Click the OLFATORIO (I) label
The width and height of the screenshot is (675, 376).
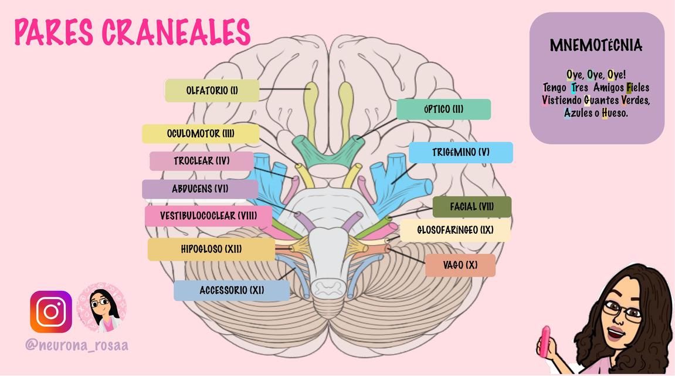[x=212, y=90]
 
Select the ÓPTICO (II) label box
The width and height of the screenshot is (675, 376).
[x=443, y=109]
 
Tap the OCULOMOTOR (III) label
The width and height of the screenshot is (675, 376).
[x=201, y=134]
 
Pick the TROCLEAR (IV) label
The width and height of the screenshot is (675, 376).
[x=202, y=161]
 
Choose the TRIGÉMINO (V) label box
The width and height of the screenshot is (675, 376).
[x=460, y=152]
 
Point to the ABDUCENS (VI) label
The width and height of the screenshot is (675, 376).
[x=200, y=189]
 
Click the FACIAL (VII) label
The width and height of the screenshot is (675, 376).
[x=472, y=207]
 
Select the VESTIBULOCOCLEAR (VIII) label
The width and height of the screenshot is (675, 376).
[x=208, y=216]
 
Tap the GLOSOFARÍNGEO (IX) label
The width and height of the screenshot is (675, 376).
[x=455, y=230]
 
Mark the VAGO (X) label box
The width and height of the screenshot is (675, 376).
[x=460, y=265]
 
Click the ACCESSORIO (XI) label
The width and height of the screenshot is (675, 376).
[x=232, y=291]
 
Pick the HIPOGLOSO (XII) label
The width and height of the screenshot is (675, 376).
[x=211, y=249]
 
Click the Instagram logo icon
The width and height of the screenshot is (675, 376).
[x=51, y=312]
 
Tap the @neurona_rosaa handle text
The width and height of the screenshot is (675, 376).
[x=77, y=345]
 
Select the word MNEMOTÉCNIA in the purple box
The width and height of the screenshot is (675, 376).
[x=596, y=45]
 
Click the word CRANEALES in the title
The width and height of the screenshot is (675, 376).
[x=176, y=32]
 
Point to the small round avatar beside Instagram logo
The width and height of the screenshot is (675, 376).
[x=101, y=308]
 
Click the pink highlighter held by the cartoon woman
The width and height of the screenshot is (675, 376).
[x=545, y=341]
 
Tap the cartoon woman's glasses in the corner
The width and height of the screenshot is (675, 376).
[x=623, y=310]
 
